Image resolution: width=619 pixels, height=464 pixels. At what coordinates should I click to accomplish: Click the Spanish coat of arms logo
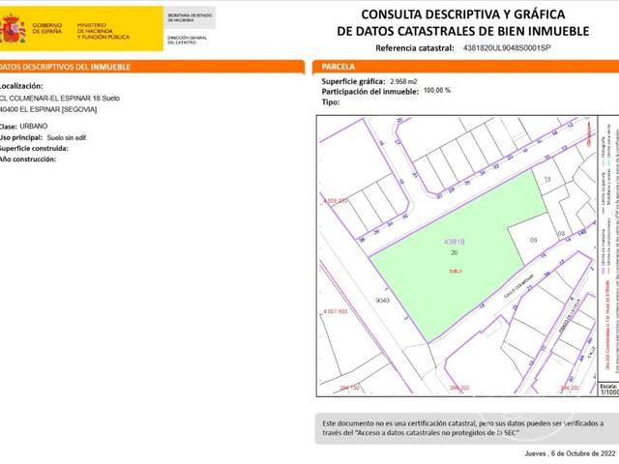click(x=13, y=29)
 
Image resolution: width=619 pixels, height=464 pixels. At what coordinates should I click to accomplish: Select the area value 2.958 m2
click(x=404, y=81)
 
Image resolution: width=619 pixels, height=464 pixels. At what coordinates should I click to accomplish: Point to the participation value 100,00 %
click(x=437, y=91)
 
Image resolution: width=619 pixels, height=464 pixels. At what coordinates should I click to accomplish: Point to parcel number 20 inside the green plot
click(x=455, y=252)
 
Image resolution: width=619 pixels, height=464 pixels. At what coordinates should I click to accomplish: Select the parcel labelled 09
click(x=533, y=240)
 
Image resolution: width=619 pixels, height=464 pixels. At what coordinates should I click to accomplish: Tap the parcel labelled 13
click(x=546, y=180)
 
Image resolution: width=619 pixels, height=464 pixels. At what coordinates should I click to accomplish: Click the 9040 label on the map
click(x=355, y=302)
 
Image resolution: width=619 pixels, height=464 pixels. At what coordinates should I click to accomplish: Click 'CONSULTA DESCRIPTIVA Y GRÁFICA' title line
click(x=461, y=14)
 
